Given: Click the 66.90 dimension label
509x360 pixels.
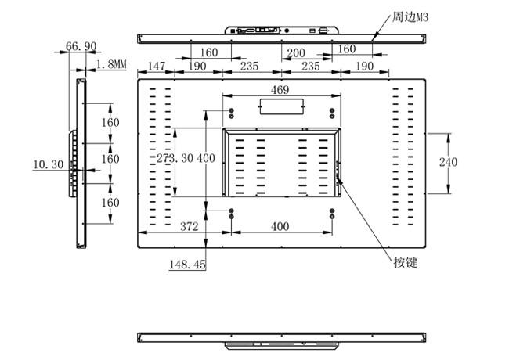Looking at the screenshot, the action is (x=81, y=46).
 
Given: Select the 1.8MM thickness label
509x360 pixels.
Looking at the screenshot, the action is (x=111, y=64).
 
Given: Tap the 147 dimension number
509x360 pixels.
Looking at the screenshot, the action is (x=157, y=67).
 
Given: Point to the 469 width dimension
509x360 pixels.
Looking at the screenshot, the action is (x=280, y=90).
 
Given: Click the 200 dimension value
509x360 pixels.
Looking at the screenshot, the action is (x=296, y=53).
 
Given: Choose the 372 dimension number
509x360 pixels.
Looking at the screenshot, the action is (x=190, y=226).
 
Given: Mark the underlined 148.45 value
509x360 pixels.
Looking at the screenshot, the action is (x=188, y=265).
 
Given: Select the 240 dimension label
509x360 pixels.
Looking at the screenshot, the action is (x=448, y=162).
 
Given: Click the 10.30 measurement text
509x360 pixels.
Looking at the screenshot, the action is (x=49, y=164).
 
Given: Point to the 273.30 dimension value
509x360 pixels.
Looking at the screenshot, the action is (x=175, y=158).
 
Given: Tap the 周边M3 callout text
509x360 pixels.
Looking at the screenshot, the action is (x=410, y=17).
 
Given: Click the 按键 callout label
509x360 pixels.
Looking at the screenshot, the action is (x=406, y=262).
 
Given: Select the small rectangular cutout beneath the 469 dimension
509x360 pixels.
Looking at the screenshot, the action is (x=281, y=106).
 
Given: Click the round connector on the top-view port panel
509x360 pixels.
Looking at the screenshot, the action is (x=287, y=31).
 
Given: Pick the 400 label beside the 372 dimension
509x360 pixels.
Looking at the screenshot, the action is (x=280, y=226).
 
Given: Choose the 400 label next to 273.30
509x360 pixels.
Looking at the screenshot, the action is (x=206, y=158).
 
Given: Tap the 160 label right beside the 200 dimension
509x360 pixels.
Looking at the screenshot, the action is (x=347, y=49).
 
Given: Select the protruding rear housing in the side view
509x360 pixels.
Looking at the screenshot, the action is (x=73, y=164).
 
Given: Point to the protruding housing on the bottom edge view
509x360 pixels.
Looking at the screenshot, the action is (x=281, y=345).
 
